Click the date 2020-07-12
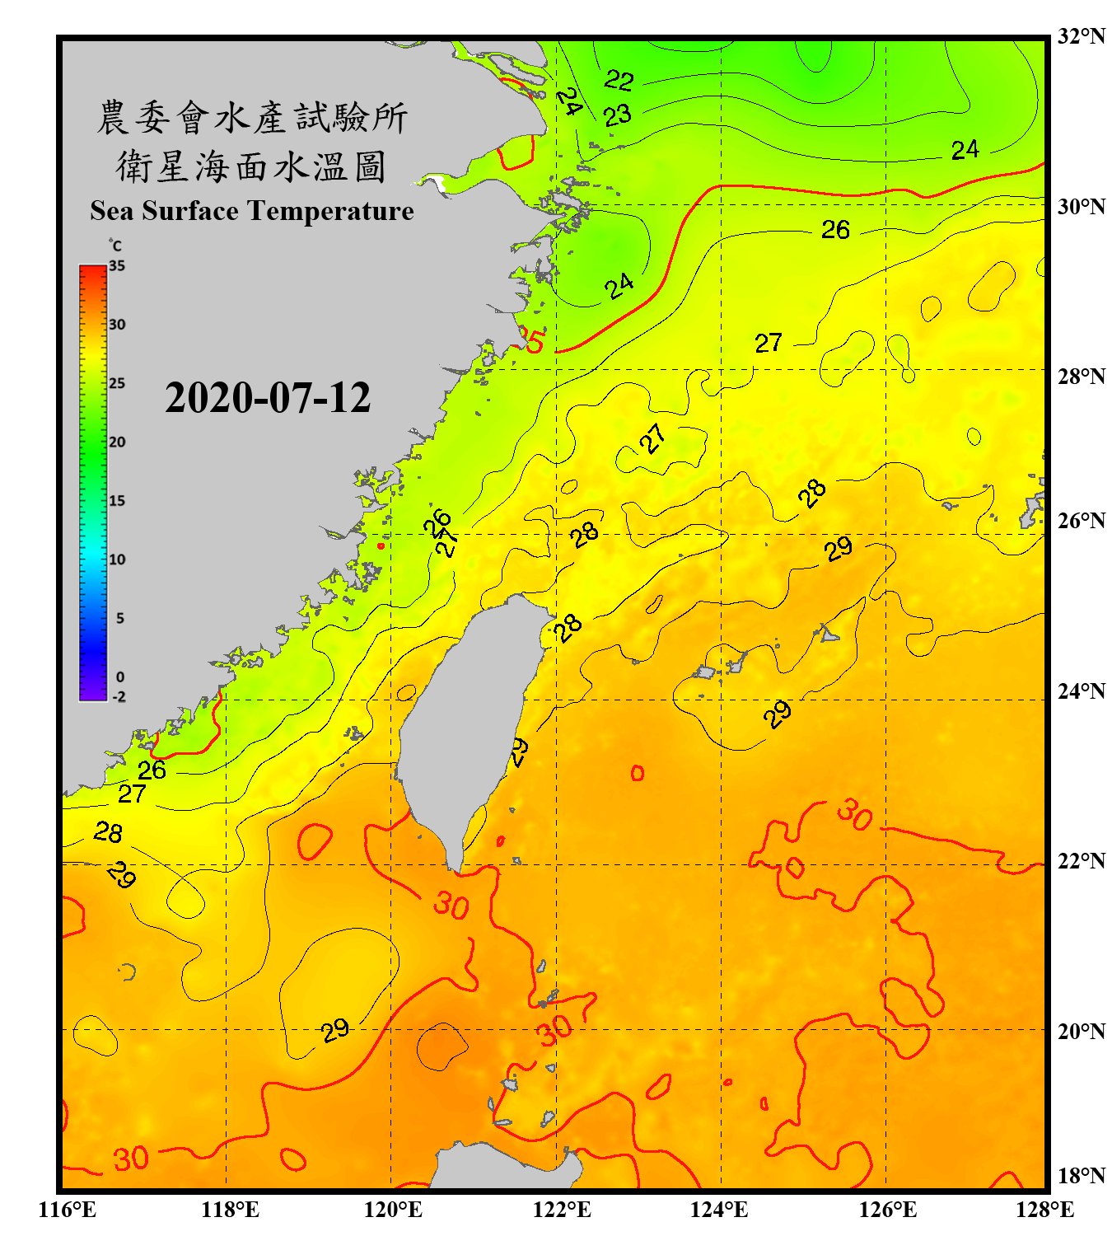[268, 398]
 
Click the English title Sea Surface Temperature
[252, 211]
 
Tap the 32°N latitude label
[1081, 36]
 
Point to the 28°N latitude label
[1081, 377]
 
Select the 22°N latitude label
[1081, 861]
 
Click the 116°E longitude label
[68, 1210]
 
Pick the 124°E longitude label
[719, 1210]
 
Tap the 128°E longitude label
[1044, 1210]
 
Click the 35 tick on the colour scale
[117, 265]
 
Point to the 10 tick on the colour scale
[117, 559]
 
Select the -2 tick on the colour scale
[119, 696]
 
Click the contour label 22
[619, 80]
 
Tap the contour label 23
[617, 115]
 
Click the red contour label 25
[533, 340]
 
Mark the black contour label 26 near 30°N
[835, 229]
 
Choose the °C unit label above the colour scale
[115, 246]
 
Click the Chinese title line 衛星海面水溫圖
[251, 166]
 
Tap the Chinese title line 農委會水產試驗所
[251, 117]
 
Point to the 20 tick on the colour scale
[117, 442]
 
